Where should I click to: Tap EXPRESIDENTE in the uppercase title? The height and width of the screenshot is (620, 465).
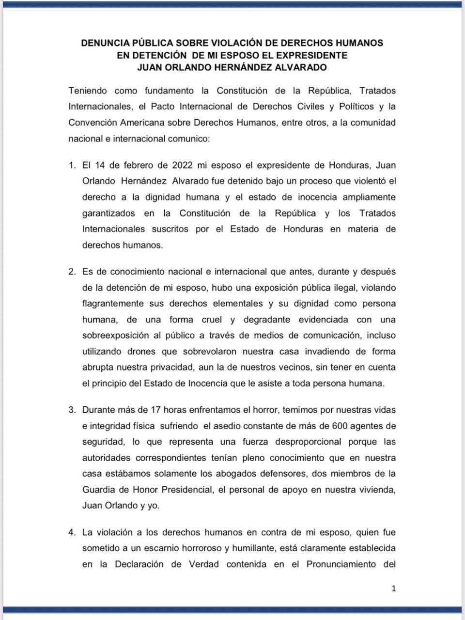tap(314, 55)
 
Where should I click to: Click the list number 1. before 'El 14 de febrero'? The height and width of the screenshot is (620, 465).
tap(72, 165)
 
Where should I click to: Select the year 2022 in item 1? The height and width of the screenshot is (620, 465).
tap(183, 165)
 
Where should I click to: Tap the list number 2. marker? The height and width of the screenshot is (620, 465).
tap(72, 272)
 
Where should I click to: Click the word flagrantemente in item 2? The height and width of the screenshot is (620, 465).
tap(113, 304)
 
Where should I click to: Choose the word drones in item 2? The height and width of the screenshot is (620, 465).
tap(145, 352)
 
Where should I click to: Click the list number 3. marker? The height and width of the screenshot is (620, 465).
tap(72, 410)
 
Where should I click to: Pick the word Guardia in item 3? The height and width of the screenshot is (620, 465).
tap(99, 490)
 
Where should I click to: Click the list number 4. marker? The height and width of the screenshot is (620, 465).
tap(72, 532)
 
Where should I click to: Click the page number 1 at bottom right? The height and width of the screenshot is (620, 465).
tap(393, 589)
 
